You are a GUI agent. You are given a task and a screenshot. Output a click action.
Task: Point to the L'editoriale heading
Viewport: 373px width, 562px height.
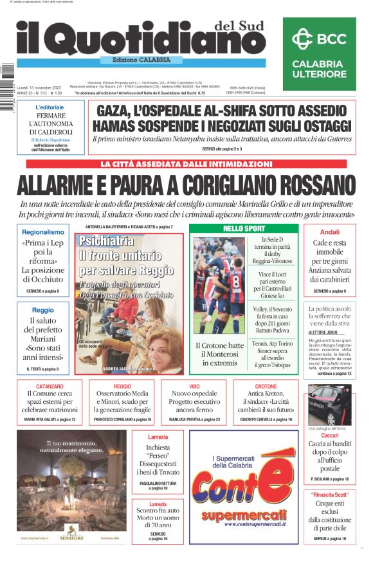(x=50, y=107)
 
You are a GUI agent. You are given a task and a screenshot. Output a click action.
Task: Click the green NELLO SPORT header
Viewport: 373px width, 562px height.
(x=244, y=228)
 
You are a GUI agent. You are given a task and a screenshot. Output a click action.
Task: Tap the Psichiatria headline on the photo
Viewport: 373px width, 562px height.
(x=106, y=241)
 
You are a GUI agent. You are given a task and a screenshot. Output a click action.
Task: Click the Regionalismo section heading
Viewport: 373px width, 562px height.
(x=43, y=231)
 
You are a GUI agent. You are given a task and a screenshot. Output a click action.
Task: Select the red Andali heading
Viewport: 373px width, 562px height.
(x=329, y=231)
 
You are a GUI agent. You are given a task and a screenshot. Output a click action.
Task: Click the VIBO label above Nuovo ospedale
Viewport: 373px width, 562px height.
(x=194, y=386)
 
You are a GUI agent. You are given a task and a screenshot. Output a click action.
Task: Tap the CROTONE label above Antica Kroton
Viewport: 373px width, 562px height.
(x=266, y=386)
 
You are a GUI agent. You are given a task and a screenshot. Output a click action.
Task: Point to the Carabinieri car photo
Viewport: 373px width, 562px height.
(x=329, y=404)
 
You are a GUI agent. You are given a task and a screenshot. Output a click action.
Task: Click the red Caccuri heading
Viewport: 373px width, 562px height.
(x=329, y=435)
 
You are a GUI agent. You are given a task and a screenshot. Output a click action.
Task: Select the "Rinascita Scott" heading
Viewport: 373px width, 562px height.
(x=329, y=494)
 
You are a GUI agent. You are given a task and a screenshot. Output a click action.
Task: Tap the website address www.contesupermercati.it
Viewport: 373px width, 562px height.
(x=238, y=524)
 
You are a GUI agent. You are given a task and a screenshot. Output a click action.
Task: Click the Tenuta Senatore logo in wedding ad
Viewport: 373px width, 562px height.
(x=72, y=535)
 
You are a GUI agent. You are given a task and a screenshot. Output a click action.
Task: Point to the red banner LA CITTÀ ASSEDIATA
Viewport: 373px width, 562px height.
(x=186, y=164)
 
